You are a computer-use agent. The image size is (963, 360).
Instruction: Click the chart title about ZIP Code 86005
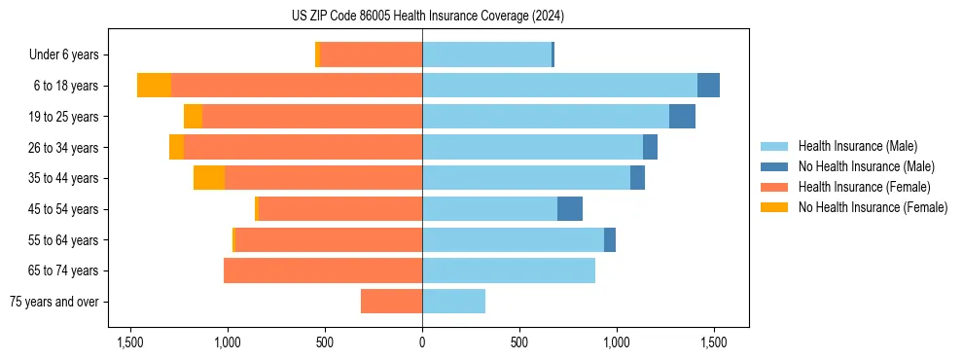click(421, 17)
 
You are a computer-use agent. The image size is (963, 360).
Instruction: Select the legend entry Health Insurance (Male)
click(851, 146)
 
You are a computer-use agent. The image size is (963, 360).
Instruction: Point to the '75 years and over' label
click(53, 302)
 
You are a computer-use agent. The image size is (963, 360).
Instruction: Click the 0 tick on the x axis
click(422, 342)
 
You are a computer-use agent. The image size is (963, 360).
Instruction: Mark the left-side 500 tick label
click(325, 342)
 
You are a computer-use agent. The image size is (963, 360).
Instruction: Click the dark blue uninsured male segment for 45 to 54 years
click(570, 209)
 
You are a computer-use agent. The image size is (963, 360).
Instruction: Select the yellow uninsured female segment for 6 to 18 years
click(154, 86)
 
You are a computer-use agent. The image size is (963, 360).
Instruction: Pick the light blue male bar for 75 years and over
click(453, 302)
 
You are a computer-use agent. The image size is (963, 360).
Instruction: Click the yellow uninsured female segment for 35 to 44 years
click(209, 178)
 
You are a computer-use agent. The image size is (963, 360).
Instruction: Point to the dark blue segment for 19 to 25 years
click(682, 117)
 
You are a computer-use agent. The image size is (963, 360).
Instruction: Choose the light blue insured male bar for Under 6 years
click(486, 54)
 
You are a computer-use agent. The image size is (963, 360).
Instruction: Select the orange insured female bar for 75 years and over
click(391, 302)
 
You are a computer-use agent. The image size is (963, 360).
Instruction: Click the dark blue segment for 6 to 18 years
click(708, 86)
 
